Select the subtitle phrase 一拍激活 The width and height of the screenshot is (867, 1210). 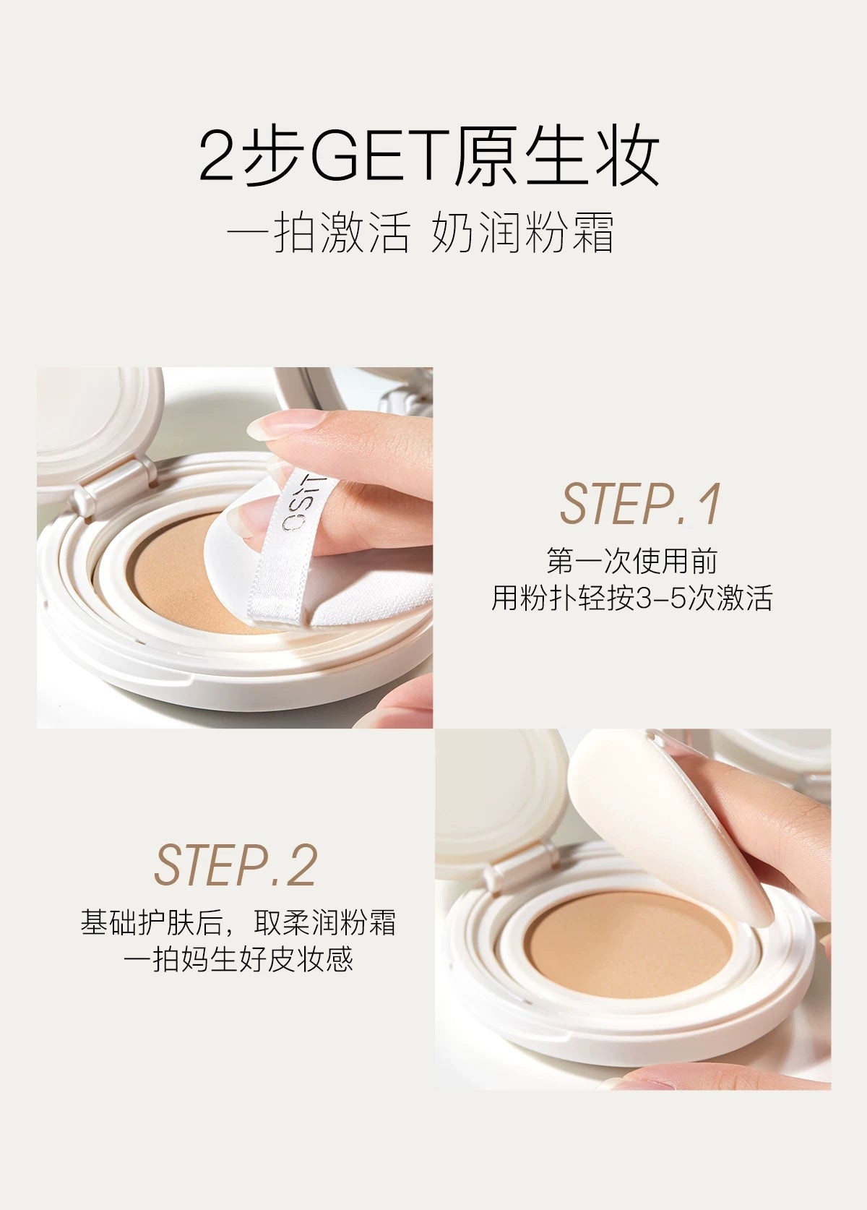tap(319, 233)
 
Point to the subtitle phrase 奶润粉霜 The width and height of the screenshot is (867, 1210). tap(523, 233)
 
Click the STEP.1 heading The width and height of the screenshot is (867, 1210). tap(640, 504)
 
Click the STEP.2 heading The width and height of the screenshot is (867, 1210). tap(236, 865)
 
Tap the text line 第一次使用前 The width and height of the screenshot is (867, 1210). tap(631, 562)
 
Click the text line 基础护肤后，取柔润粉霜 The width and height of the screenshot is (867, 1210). tap(238, 923)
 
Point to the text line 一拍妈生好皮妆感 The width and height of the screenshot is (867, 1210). tap(238, 960)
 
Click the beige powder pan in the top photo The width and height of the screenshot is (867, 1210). tap(173, 571)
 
